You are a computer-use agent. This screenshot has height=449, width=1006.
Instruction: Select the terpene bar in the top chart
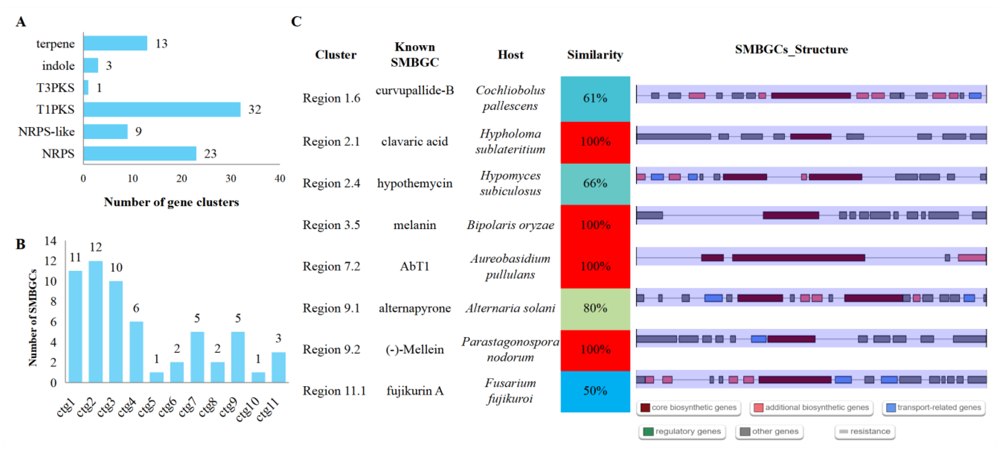pos(115,43)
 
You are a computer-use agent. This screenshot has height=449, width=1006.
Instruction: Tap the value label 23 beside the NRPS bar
pos(210,153)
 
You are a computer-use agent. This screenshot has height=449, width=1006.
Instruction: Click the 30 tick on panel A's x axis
pos(230,179)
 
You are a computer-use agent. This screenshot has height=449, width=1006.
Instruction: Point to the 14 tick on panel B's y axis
pos(50,241)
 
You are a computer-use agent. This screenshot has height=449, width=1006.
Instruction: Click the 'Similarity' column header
pos(595,55)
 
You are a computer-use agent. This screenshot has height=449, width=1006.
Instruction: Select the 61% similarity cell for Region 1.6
pos(595,98)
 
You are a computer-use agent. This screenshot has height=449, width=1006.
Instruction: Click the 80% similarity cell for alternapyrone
pos(595,309)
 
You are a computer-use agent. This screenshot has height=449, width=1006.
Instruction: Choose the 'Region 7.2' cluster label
pos(331,267)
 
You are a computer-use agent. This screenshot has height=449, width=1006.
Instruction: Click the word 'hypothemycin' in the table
pos(414,183)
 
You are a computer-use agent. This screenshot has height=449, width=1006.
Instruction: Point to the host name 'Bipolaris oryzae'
pos(510,225)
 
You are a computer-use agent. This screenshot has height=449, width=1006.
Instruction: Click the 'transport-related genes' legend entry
pos(933,408)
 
